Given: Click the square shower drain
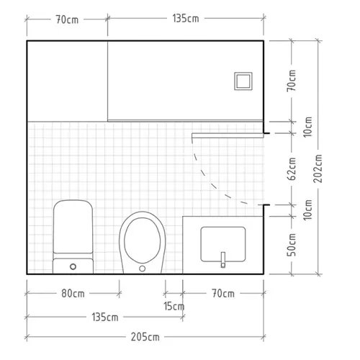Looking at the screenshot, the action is pyautogui.click(x=243, y=81).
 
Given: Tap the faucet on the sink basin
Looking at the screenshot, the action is pyautogui.click(x=223, y=260).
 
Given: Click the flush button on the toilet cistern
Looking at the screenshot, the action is pyautogui.click(x=73, y=266).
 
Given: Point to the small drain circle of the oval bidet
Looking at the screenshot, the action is pyautogui.click(x=142, y=269).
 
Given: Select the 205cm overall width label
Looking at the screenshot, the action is pyautogui.click(x=145, y=337).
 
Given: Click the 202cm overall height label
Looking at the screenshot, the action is pyautogui.click(x=318, y=168).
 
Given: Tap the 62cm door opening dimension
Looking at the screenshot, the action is pyautogui.click(x=292, y=168).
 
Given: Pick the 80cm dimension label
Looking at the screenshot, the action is pyautogui.click(x=73, y=294).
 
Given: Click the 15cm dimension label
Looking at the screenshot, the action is pyautogui.click(x=174, y=306).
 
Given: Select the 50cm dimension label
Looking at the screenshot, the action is pyautogui.click(x=292, y=245).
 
